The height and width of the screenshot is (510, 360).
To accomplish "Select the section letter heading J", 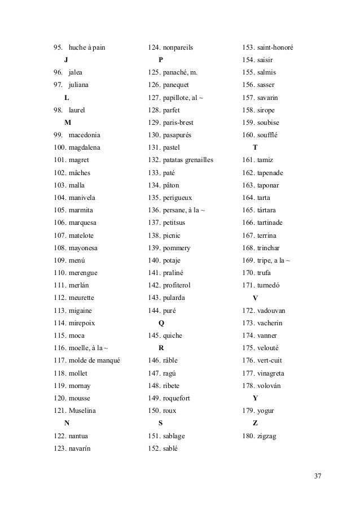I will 67,60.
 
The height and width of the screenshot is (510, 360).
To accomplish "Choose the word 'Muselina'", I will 84,411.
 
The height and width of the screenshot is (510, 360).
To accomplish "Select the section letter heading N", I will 67,423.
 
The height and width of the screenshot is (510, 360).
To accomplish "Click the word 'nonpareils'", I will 178,47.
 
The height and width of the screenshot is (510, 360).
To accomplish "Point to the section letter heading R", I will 162,348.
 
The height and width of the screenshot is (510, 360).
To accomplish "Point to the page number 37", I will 318,476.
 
